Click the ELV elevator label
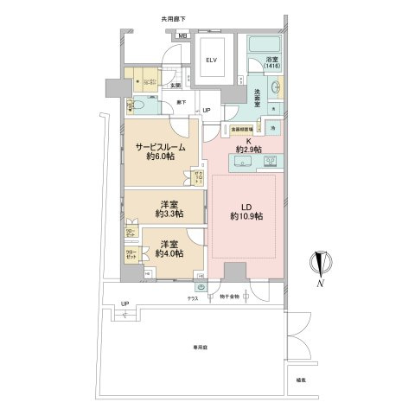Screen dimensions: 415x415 (x=211, y=60)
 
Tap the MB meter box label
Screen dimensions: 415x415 (x=182, y=35)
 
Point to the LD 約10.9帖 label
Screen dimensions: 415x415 (x=241, y=213)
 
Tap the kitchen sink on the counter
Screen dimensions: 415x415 (x=267, y=161)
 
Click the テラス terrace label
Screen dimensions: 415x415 (x=194, y=298)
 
